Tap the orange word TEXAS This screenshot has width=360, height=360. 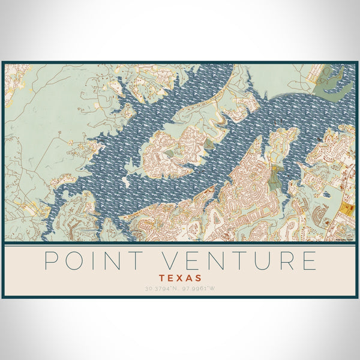pos(180,278)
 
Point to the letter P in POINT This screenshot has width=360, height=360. pos(52,261)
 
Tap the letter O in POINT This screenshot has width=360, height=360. pos(77,261)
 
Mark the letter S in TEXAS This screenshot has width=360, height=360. pos(198,278)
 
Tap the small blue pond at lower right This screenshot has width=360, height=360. pos(327,194)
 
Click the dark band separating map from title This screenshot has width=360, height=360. pos(180,244)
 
